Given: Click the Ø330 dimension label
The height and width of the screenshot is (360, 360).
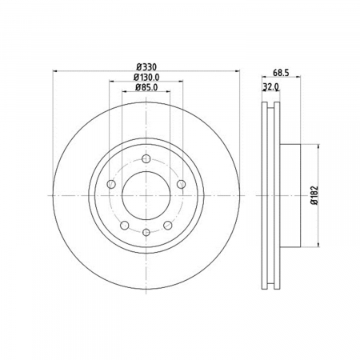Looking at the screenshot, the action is (146, 66).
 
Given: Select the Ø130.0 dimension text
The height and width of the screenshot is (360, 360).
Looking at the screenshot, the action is (146, 77).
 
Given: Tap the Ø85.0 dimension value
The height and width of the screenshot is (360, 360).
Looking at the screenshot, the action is (146, 87).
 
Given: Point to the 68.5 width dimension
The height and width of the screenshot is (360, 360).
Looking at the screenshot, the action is (281, 73).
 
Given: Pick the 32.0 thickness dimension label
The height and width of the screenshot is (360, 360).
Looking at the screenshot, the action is (271, 86).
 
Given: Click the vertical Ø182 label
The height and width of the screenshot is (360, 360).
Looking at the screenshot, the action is (315, 195).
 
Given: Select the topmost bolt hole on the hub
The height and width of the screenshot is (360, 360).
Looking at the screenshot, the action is (146, 159).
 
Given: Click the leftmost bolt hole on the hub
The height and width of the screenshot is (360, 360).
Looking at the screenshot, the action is (111, 184).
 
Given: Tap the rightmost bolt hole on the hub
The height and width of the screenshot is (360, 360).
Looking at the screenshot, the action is (182, 184).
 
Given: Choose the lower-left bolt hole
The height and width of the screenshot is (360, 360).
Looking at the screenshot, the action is (125, 226).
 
